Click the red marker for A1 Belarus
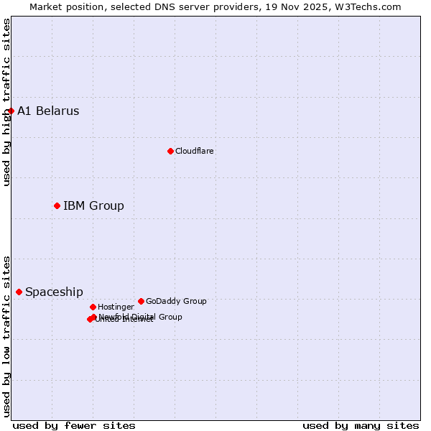pyautogui.click(x=11, y=111)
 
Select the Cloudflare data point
pyautogui.click(x=170, y=151)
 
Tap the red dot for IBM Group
pyautogui.click(x=57, y=205)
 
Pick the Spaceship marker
pyautogui.click(x=19, y=292)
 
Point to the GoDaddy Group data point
pyautogui.click(x=141, y=301)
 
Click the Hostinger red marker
pyautogui.click(x=93, y=307)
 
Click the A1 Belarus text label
pyautogui.click(x=48, y=111)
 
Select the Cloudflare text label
pyautogui.click(x=194, y=151)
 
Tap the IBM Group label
pyautogui.click(x=93, y=206)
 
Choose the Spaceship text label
pyautogui.click(x=54, y=292)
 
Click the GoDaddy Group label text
pyautogui.click(x=176, y=301)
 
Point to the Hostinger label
pyautogui.click(x=116, y=307)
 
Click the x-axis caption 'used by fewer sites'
pyautogui.click(x=74, y=425)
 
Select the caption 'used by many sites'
pyautogui.click(x=361, y=425)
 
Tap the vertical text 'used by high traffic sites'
pyautogui.click(x=6, y=102)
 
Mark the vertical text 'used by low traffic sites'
pyautogui.click(x=6, y=336)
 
